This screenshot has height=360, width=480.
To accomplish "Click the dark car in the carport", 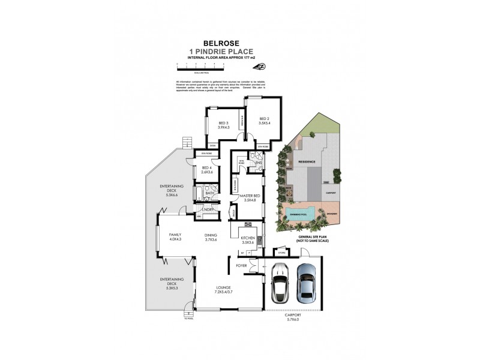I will [x=280, y=283].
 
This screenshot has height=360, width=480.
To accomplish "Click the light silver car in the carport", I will [x=306, y=283].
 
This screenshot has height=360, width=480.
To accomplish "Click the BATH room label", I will [x=209, y=193].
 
